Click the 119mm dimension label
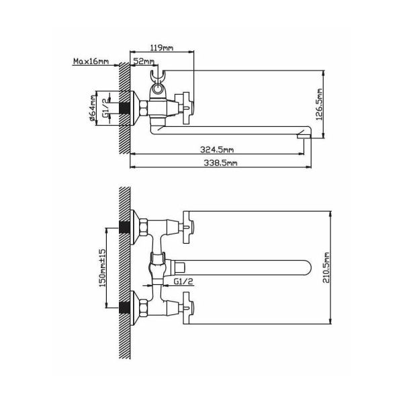[x=162, y=48]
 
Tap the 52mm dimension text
[x=144, y=61]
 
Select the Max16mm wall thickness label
[x=91, y=61]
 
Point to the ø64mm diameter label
[x=92, y=108]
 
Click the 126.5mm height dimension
[x=319, y=104]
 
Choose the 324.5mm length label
[x=217, y=150]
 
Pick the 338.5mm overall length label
[x=220, y=163]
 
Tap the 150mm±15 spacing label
[x=103, y=268]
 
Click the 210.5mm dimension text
[x=326, y=268]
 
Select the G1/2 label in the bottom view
[x=183, y=281]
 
